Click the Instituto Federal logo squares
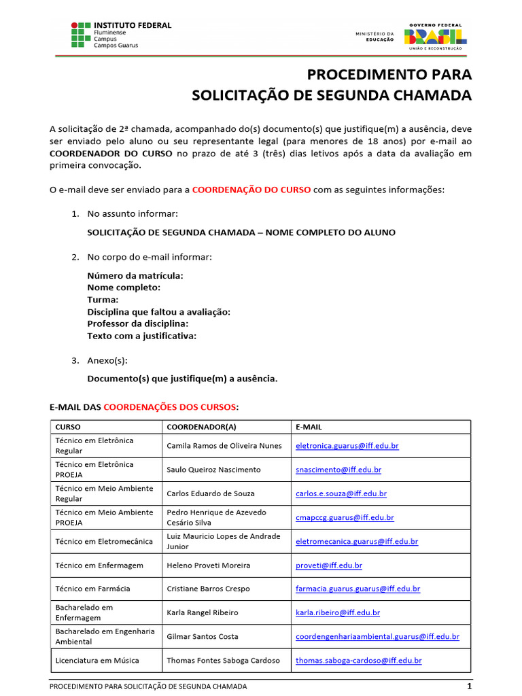tap(80, 35)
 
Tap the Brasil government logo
tap(435, 36)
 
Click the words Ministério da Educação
tap(375, 37)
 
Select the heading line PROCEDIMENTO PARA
tap(389, 74)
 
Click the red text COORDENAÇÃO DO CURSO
tap(251, 190)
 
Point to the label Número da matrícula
tap(135, 275)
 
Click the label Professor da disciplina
tap(137, 324)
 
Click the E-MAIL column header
tap(309, 427)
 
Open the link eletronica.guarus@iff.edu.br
tap(347, 446)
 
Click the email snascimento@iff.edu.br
tap(338, 470)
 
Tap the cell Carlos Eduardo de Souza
tap(209, 493)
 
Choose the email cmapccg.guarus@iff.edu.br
tap(345, 517)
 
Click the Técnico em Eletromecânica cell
tap(100, 541)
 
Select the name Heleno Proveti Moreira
tap(208, 565)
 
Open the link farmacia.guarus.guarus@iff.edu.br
tap(358, 589)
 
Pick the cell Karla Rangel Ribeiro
tap(203, 612)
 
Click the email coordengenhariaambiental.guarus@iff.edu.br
tap(377, 637)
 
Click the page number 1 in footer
tap(468, 686)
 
